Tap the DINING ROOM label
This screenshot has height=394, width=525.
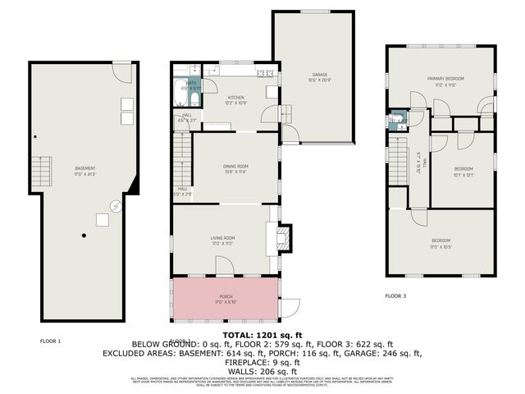click(x=236, y=169)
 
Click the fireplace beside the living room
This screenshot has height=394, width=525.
click(x=282, y=238)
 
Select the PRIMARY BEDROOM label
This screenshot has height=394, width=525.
click(x=441, y=81)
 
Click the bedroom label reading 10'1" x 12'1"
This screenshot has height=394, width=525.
click(x=464, y=171)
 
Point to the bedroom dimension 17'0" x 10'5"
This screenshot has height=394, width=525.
click(x=441, y=244)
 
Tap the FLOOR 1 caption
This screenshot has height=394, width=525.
click(x=51, y=340)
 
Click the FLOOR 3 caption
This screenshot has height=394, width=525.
click(x=395, y=295)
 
